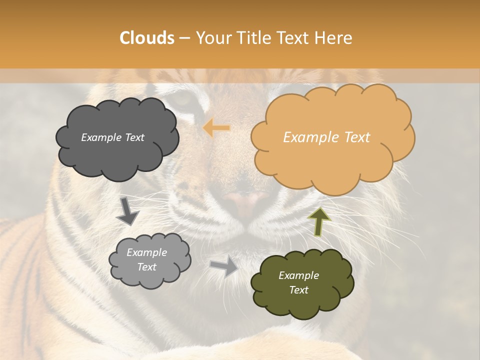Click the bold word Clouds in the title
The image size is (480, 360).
click(x=147, y=38)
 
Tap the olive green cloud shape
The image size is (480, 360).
click(x=302, y=283)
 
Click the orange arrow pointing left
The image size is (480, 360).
click(x=216, y=128)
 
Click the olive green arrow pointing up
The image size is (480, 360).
click(x=318, y=221)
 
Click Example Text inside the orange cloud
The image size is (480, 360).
click(x=326, y=137)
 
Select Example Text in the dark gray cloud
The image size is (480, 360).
click(x=112, y=137)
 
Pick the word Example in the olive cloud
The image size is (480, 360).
click(x=298, y=275)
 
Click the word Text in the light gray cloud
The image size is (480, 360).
click(x=146, y=267)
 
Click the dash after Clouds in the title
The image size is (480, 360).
click(x=184, y=38)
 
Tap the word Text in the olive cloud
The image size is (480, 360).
click(x=298, y=290)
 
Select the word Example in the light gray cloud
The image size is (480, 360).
click(x=146, y=252)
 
